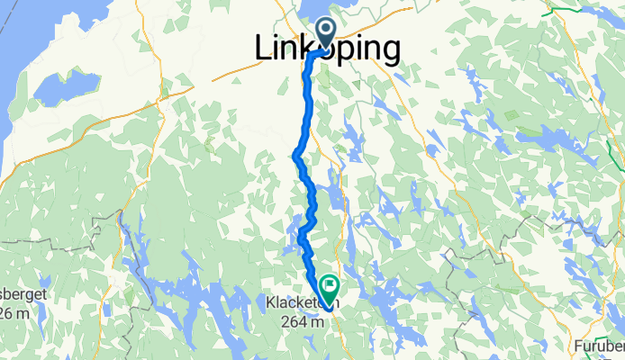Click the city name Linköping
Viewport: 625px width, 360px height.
pos(327,50)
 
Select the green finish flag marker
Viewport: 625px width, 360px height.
pos(329,290)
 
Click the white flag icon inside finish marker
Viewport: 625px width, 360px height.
pos(330,288)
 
